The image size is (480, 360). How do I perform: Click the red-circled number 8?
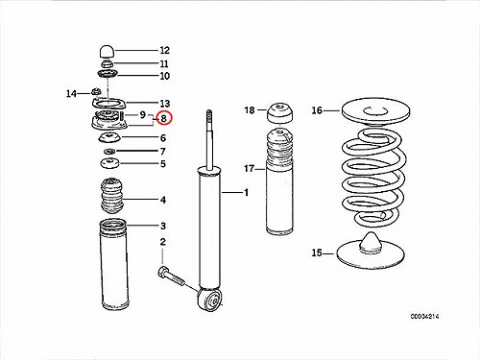[x=164, y=118]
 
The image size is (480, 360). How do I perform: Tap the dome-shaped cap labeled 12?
[x=108, y=51]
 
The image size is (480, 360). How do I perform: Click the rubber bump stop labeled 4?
[x=112, y=197]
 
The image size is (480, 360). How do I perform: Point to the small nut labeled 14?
[x=95, y=91]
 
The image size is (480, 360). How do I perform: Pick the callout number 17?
[x=249, y=168]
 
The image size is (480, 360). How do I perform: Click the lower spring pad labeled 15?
[x=371, y=251]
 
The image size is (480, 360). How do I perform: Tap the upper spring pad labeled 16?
[x=375, y=111]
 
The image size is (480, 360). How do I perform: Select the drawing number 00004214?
[x=425, y=317]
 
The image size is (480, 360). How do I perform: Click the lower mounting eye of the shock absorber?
[x=209, y=300]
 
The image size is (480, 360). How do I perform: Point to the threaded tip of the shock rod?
[x=209, y=117]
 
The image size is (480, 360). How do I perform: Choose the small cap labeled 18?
[x=280, y=112]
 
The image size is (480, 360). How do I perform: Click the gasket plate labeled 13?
[x=108, y=104]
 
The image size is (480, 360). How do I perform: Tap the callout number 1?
[x=246, y=193]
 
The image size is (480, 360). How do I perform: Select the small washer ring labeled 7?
[x=109, y=151]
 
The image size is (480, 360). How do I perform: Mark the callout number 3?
[x=163, y=226]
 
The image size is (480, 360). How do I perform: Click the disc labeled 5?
[x=109, y=163]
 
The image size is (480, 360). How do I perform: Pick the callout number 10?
[x=164, y=76]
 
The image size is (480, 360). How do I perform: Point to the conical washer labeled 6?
[x=109, y=138]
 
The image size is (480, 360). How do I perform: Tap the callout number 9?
[x=143, y=114]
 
